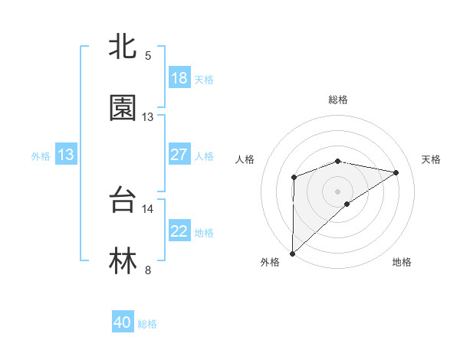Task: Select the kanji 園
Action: click(x=123, y=108)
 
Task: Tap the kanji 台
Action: click(x=123, y=201)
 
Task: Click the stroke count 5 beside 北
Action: click(x=148, y=56)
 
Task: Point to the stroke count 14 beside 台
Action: click(x=148, y=208)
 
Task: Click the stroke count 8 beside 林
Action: click(x=148, y=269)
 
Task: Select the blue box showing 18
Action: click(x=179, y=78)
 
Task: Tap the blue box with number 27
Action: click(x=179, y=155)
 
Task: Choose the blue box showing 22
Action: click(x=179, y=231)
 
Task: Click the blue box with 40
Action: click(x=123, y=322)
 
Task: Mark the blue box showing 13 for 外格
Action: click(x=66, y=155)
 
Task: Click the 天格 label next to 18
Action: click(x=204, y=80)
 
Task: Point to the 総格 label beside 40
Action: click(x=147, y=324)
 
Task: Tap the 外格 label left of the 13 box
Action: click(x=41, y=156)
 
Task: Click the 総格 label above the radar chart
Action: click(x=338, y=100)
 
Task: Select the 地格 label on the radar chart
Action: click(x=402, y=262)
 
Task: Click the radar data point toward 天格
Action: click(x=396, y=172)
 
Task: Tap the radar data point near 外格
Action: click(x=292, y=253)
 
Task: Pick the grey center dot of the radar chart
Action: click(x=338, y=190)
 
